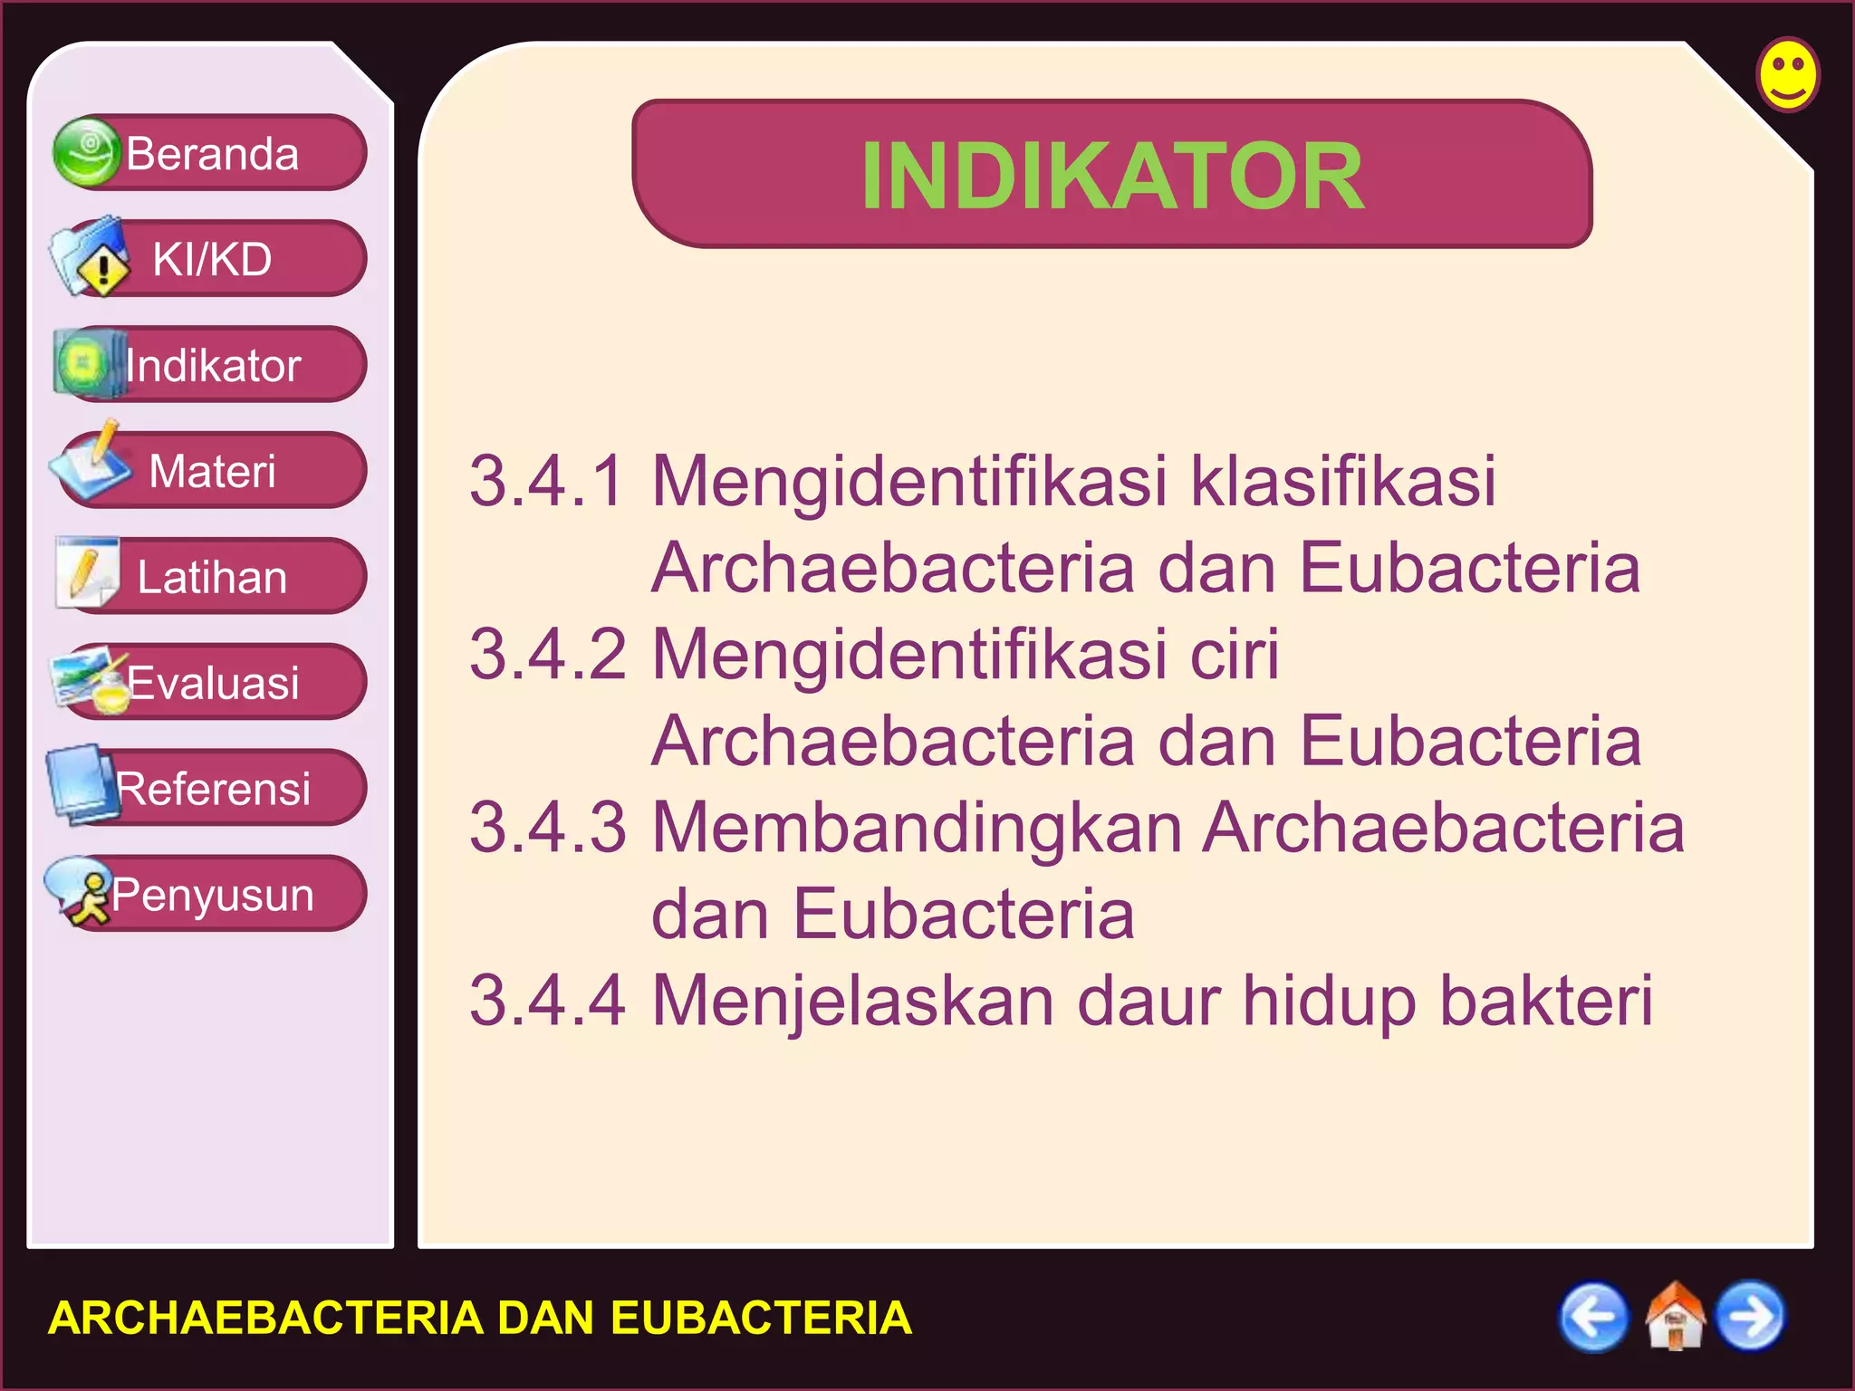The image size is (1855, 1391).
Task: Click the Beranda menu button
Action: click(211, 153)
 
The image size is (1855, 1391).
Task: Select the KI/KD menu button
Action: click(211, 259)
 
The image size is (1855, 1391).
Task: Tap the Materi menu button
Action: click(211, 471)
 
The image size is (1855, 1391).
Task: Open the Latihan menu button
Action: click(211, 577)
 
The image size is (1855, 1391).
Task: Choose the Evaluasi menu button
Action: click(211, 682)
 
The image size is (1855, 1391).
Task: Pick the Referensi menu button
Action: click(211, 788)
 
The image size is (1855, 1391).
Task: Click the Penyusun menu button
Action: click(211, 894)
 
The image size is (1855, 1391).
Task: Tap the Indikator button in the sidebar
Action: click(211, 365)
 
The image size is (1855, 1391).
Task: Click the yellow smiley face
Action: click(1787, 74)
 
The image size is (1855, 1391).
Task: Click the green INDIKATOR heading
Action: click(1111, 176)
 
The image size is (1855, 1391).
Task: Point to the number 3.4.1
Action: click(547, 480)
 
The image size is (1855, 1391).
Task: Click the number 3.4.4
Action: click(547, 1001)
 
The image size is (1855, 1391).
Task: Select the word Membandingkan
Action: click(917, 828)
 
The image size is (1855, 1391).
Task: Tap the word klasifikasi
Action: click(1342, 480)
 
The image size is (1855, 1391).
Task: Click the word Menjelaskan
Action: click(853, 1001)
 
